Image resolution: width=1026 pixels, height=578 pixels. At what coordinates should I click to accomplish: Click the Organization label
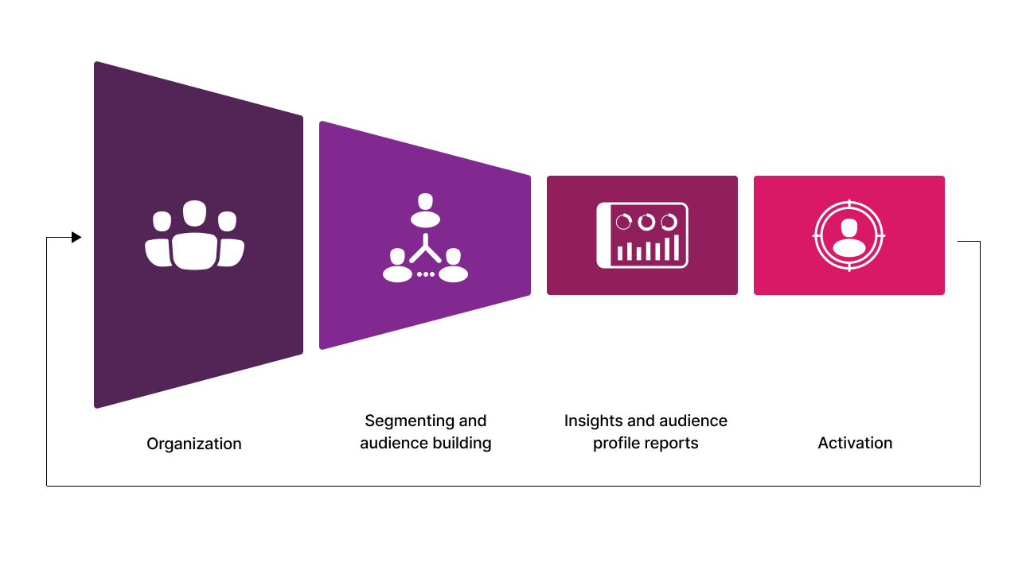point(193,444)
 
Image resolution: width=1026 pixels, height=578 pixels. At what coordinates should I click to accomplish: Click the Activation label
point(855,443)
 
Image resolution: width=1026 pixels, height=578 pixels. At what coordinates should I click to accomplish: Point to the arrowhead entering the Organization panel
point(76,237)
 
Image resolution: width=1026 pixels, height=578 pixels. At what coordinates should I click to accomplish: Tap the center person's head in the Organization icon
point(194,214)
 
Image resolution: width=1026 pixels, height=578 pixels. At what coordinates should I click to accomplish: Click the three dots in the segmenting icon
point(425,274)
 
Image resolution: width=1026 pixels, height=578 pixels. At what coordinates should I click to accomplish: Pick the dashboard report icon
point(642,235)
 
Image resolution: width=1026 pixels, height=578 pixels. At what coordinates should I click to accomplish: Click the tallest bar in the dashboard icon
point(677,247)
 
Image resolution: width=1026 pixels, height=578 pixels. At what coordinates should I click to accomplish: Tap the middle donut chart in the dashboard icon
point(646,222)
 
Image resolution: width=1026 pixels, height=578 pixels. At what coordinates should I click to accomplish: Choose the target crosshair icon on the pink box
point(848,235)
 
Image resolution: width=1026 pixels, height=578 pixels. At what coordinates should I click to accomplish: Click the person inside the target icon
point(848,238)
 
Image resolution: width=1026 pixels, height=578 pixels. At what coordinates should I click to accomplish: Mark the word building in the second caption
point(462,443)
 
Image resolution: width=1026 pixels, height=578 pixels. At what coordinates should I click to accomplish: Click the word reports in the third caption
point(673,443)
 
